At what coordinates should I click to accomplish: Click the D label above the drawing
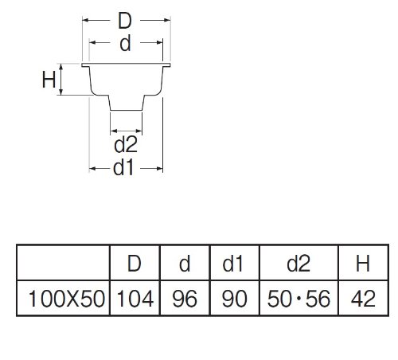(125, 21)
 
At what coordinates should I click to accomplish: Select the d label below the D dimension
(125, 44)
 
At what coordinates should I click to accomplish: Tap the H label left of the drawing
(49, 80)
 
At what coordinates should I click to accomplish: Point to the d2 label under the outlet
(126, 145)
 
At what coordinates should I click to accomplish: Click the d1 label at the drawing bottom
(123, 168)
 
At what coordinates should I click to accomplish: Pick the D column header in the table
(135, 264)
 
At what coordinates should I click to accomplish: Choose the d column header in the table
(185, 264)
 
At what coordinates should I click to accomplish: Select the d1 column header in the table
(232, 264)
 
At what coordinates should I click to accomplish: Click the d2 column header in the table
(298, 264)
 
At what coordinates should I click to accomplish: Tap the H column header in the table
(363, 264)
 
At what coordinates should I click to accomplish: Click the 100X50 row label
(67, 299)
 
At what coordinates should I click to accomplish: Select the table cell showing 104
(135, 299)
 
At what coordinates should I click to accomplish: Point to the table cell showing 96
(185, 299)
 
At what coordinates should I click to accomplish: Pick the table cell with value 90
(235, 299)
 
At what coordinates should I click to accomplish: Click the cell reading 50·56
(298, 299)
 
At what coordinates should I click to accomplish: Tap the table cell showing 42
(363, 299)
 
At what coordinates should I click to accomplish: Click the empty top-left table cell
(63, 263)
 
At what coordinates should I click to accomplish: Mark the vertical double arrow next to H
(61, 80)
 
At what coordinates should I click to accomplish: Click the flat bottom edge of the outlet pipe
(127, 110)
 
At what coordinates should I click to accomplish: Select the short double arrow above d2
(127, 131)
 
